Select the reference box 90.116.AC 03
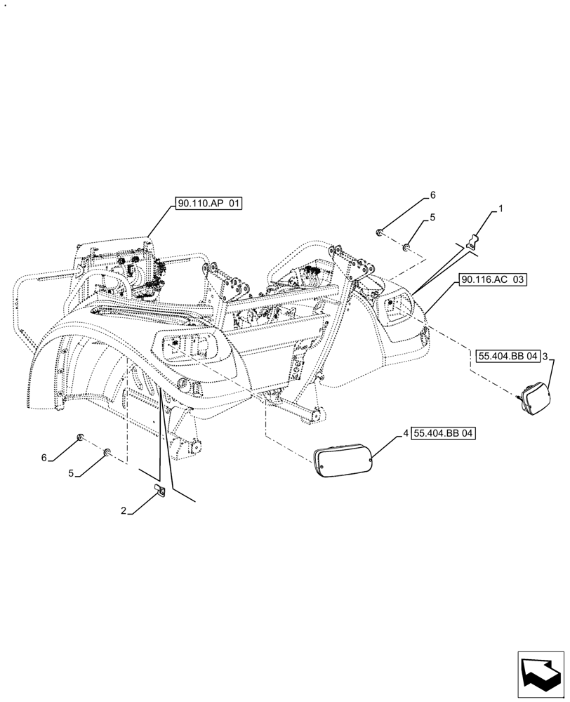point(493,279)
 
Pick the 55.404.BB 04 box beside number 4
point(443,434)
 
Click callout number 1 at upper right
point(501,208)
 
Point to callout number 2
point(123,512)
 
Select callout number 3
point(545,357)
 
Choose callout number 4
point(406,434)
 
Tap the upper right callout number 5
point(433,218)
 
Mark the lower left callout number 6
point(44,458)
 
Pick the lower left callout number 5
point(71,474)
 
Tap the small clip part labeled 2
point(159,491)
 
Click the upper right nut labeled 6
point(379,231)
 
